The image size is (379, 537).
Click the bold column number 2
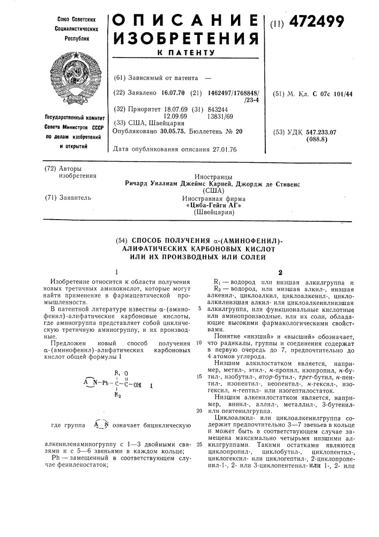pyautogui.click(x=279, y=272)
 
